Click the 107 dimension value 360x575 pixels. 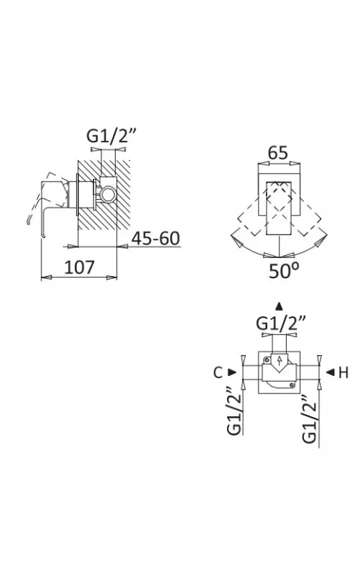[79, 267]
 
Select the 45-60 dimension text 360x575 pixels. [156, 239]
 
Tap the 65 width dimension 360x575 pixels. [278, 153]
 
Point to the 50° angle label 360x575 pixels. [284, 271]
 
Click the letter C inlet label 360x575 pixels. [218, 373]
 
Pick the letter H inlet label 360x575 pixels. [343, 373]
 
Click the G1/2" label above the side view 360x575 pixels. [111, 137]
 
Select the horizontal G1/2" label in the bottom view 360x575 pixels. [280, 324]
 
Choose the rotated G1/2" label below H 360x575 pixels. [309, 419]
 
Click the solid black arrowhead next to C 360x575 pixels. [232, 372]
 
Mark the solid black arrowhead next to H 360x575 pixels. [331, 372]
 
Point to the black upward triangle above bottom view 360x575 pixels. [280, 306]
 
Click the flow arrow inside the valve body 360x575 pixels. [280, 361]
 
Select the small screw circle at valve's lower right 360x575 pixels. [292, 385]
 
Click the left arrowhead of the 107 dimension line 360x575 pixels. [46, 277]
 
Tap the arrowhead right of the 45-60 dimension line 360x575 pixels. [122, 247]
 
